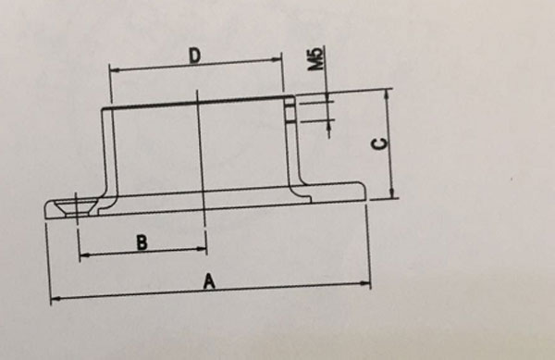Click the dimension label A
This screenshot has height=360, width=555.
pyautogui.click(x=209, y=281)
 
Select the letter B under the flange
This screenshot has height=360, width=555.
pyautogui.click(x=142, y=242)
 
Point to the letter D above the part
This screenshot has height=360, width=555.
pyautogui.click(x=195, y=56)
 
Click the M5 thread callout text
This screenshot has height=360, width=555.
pyautogui.click(x=317, y=61)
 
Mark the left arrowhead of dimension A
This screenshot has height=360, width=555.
pyautogui.click(x=54, y=299)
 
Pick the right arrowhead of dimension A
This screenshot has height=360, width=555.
pyautogui.click(x=366, y=283)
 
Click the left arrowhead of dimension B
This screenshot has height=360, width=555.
pyautogui.click(x=83, y=253)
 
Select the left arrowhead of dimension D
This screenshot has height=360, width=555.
pyautogui.click(x=114, y=67)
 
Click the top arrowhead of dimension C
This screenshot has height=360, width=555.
pyautogui.click(x=391, y=93)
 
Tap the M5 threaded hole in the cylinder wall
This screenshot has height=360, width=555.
pyautogui.click(x=289, y=111)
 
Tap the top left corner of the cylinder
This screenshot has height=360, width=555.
pyautogui.click(x=103, y=109)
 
